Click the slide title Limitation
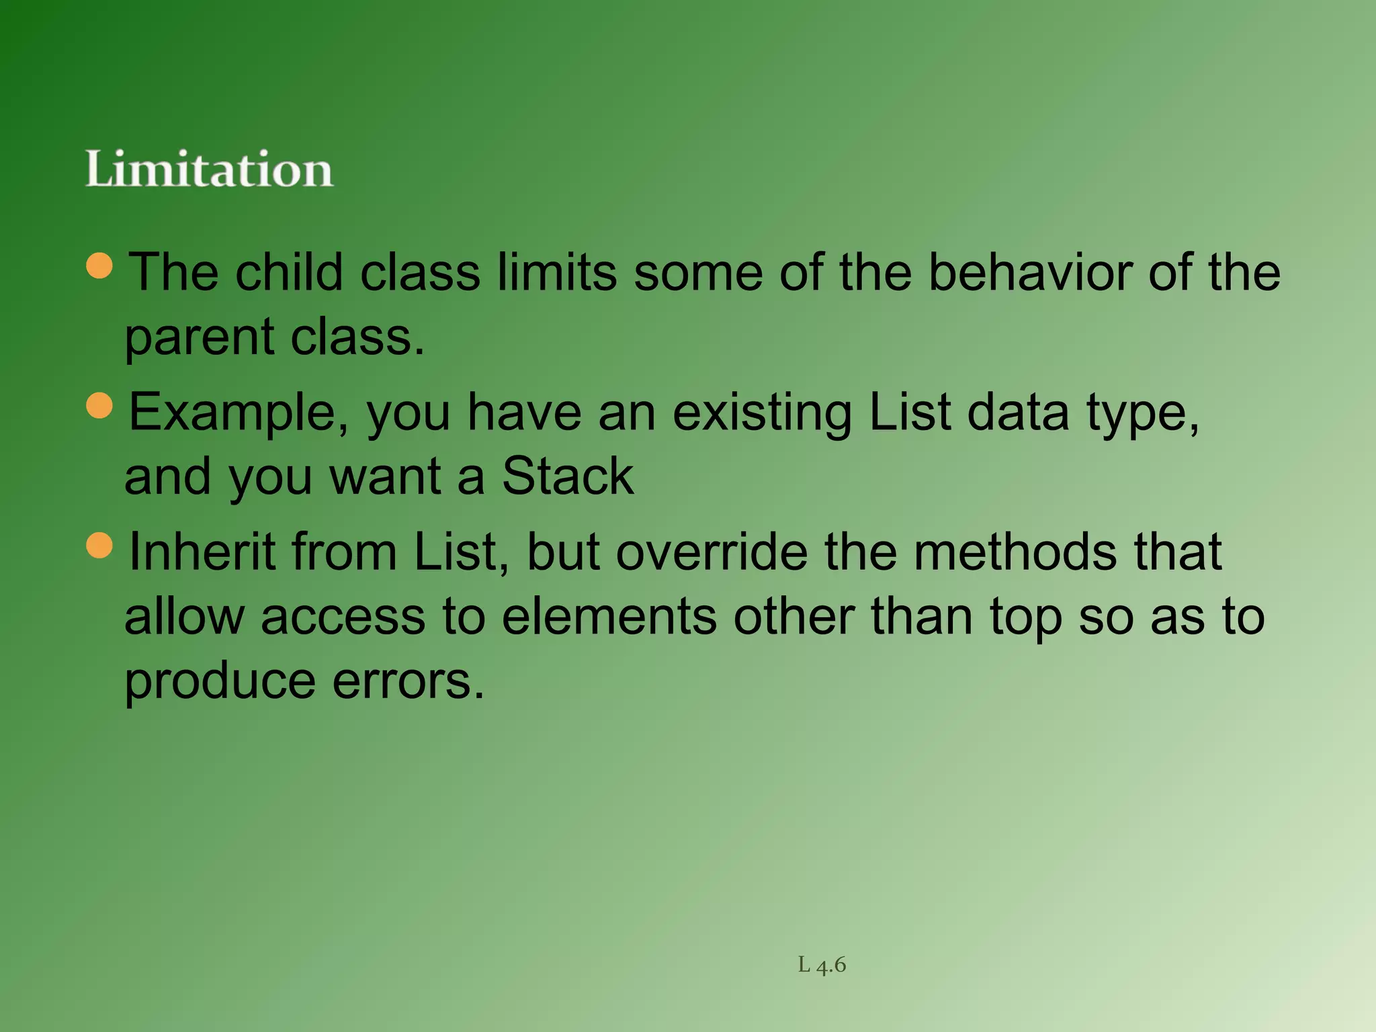pyautogui.click(x=209, y=169)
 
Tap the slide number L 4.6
pyautogui.click(x=822, y=965)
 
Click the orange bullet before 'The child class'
pyautogui.click(x=100, y=265)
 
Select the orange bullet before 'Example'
pyautogui.click(x=100, y=405)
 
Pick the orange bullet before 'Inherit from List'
pyautogui.click(x=100, y=545)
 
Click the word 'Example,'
pyautogui.click(x=239, y=413)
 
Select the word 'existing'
pyautogui.click(x=762, y=413)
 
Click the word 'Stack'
pyautogui.click(x=568, y=476)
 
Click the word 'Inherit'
pyautogui.click(x=202, y=552)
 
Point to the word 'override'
pyautogui.click(x=712, y=552)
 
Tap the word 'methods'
pyautogui.click(x=1015, y=552)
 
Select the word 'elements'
pyautogui.click(x=609, y=616)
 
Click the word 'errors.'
pyautogui.click(x=408, y=681)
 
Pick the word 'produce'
pyautogui.click(x=220, y=682)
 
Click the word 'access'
pyautogui.click(x=343, y=616)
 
